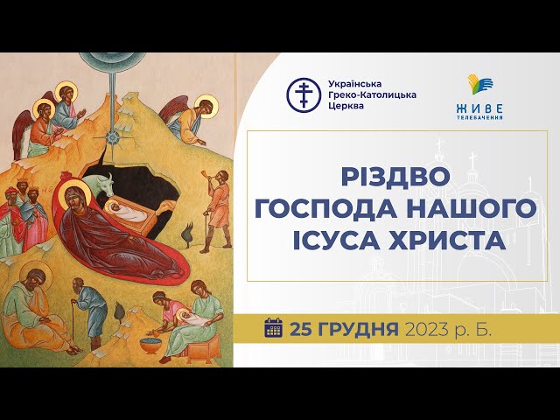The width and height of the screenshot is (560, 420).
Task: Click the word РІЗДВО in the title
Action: point(395,178)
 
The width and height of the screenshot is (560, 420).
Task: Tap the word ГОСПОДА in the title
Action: point(325,209)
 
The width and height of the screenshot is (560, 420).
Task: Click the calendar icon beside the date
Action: point(274,327)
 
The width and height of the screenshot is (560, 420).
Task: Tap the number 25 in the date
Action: point(301,329)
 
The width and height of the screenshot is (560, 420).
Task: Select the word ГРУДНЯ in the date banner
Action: point(358,330)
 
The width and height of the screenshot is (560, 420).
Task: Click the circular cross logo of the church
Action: point(304,95)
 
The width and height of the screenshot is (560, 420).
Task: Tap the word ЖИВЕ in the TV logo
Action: point(479,108)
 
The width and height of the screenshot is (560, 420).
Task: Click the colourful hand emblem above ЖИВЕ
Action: point(479,84)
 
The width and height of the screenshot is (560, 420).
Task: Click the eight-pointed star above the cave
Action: point(113,136)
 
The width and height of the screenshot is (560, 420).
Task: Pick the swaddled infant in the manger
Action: point(126,212)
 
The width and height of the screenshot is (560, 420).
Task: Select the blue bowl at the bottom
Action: point(150,345)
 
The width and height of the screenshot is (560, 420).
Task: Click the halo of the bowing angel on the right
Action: point(206,106)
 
